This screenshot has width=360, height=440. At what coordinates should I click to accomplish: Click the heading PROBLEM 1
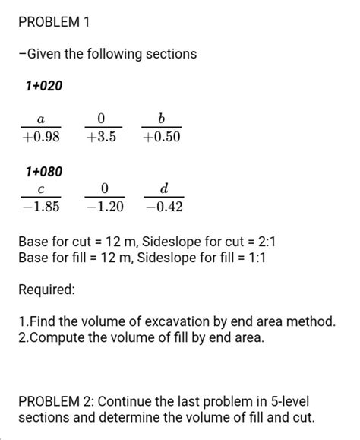[x=54, y=22]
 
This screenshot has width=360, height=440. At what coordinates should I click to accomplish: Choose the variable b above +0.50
[x=161, y=119]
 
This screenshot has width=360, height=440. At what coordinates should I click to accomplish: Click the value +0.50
[x=161, y=138]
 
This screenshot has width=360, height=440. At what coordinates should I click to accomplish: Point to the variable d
[x=164, y=188]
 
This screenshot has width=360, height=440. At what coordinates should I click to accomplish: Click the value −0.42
[x=164, y=207]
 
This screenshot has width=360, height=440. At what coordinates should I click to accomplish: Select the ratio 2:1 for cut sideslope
[x=271, y=242]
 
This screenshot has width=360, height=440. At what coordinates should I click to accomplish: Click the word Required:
[x=46, y=290]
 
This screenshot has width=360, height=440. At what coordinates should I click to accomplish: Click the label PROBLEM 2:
[x=55, y=401]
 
